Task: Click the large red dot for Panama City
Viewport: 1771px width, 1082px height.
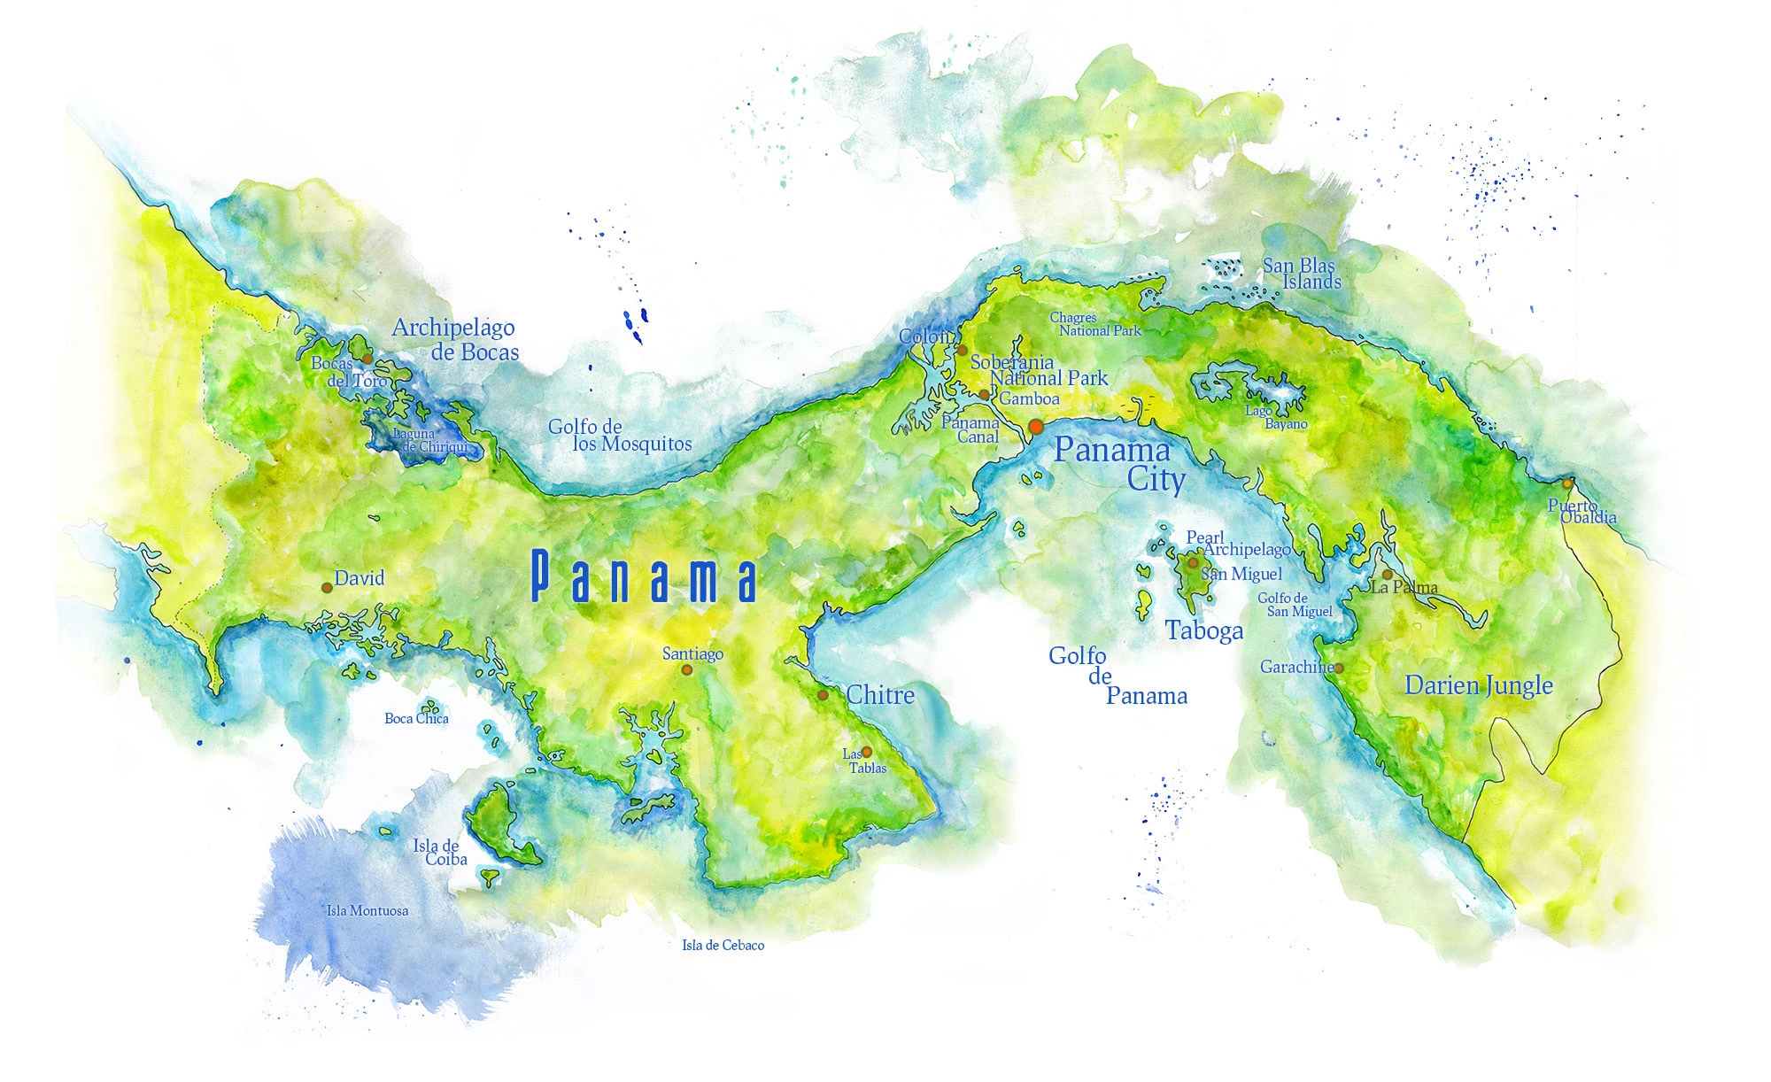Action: [x=1035, y=427]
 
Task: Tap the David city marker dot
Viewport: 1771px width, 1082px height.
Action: [x=327, y=588]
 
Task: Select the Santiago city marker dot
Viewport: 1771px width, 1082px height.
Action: [x=686, y=670]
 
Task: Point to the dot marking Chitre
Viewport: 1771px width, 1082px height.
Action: [x=823, y=695]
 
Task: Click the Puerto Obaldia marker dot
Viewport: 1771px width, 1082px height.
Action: [x=1567, y=483]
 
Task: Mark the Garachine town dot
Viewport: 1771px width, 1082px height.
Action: [x=1338, y=669]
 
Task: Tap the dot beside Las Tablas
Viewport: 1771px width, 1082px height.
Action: [x=866, y=752]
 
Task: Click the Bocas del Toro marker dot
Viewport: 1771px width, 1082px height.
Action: [x=367, y=359]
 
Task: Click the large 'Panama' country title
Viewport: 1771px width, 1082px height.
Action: [x=644, y=576]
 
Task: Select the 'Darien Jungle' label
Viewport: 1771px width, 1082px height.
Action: [x=1479, y=685]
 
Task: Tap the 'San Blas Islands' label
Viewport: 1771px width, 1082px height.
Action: [x=1301, y=274]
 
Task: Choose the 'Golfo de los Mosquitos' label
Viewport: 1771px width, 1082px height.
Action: [x=619, y=436]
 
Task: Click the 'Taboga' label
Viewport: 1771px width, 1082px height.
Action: [x=1203, y=630]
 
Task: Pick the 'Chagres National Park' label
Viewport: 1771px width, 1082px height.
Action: [x=1094, y=324]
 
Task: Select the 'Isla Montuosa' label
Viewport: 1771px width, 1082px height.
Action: [x=367, y=910]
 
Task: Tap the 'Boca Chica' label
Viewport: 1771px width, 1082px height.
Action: [x=416, y=718]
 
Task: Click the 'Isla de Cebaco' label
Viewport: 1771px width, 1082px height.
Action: [x=723, y=945]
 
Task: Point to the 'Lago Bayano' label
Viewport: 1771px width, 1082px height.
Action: [x=1276, y=417]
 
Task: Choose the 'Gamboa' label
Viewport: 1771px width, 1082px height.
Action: [x=1029, y=399]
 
